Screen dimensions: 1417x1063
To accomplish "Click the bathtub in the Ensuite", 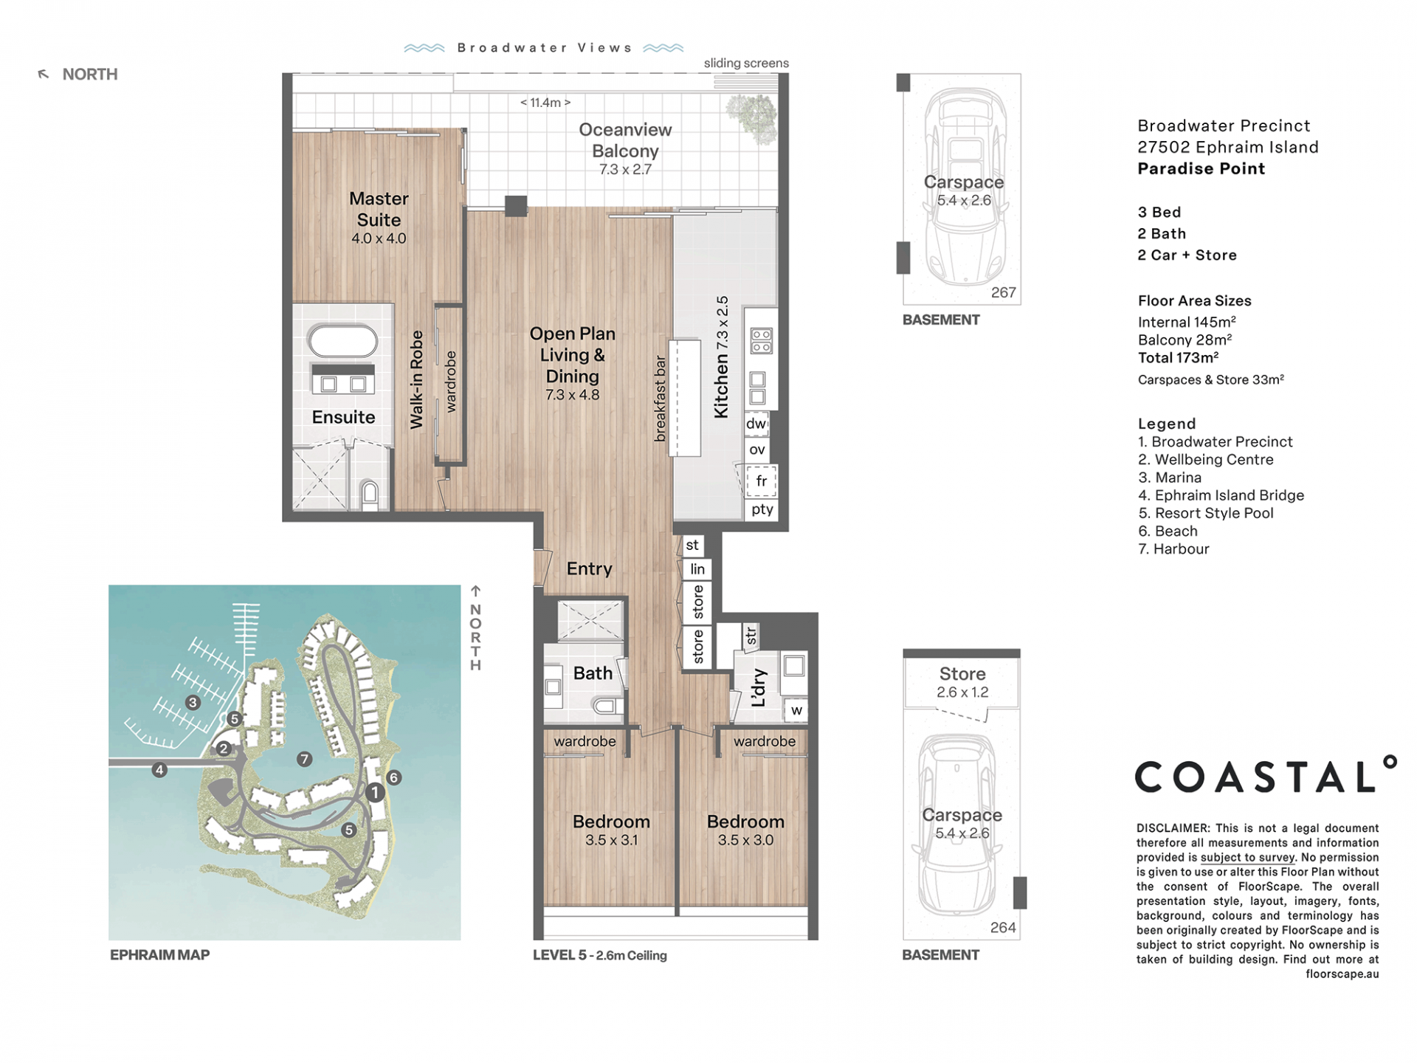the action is tap(343, 341).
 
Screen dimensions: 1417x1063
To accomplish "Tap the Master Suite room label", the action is tap(379, 209).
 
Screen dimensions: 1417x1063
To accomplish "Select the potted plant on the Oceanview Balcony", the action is tap(752, 116).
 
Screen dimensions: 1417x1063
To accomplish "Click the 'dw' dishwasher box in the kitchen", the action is tap(756, 424).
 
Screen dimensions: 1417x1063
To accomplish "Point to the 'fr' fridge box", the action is tap(761, 481).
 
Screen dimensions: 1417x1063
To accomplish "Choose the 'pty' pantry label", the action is tap(762, 509).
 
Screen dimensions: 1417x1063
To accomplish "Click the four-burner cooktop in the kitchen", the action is tap(762, 341).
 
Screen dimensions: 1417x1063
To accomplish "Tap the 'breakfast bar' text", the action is tap(661, 399).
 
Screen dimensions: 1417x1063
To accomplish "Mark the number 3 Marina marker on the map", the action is tap(193, 702).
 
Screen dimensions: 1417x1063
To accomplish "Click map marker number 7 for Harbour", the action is tap(304, 758).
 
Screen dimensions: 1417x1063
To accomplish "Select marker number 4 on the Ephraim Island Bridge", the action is tap(159, 770).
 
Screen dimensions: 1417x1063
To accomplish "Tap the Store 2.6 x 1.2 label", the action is tap(962, 682).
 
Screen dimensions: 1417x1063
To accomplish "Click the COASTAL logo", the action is tap(1265, 774).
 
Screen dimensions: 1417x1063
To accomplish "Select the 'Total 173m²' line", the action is tap(1178, 357).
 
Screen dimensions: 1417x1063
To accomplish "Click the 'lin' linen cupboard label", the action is tap(697, 569).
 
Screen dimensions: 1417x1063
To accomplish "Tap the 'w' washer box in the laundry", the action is tap(796, 710).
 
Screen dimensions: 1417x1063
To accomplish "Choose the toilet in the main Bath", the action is tap(607, 706).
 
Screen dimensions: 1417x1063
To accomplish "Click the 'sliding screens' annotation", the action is tap(746, 63).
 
